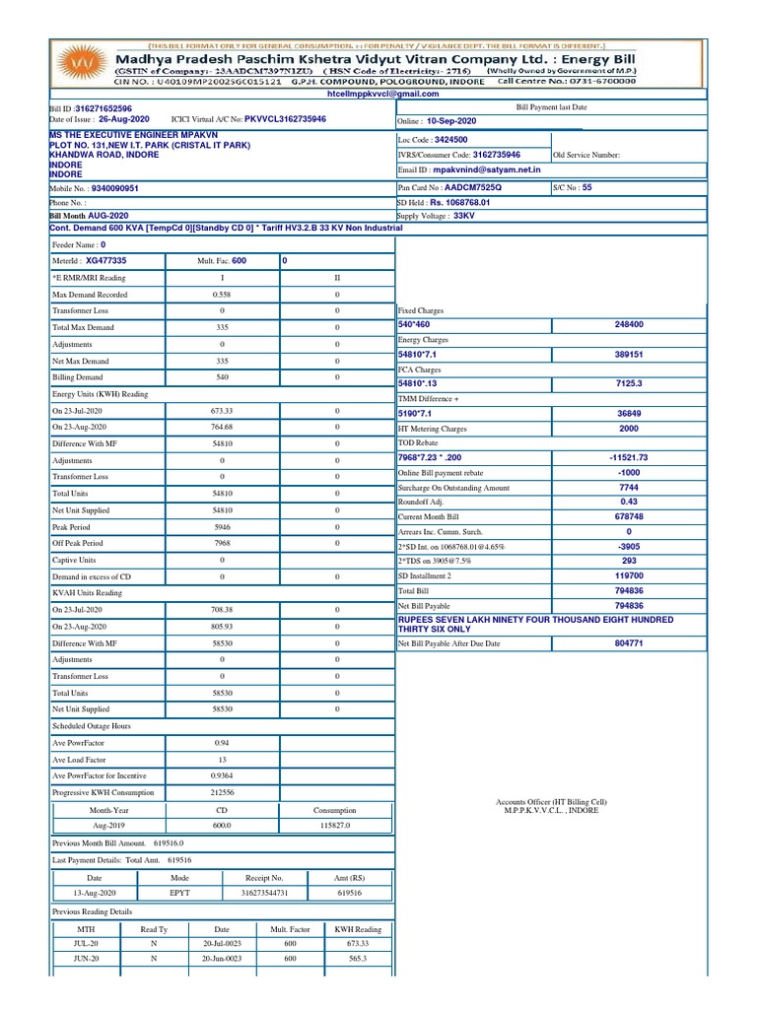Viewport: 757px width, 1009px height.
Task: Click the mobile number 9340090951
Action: coord(114,187)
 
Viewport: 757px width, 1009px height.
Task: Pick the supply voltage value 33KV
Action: coord(464,215)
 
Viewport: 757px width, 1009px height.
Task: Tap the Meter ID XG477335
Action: coord(105,261)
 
